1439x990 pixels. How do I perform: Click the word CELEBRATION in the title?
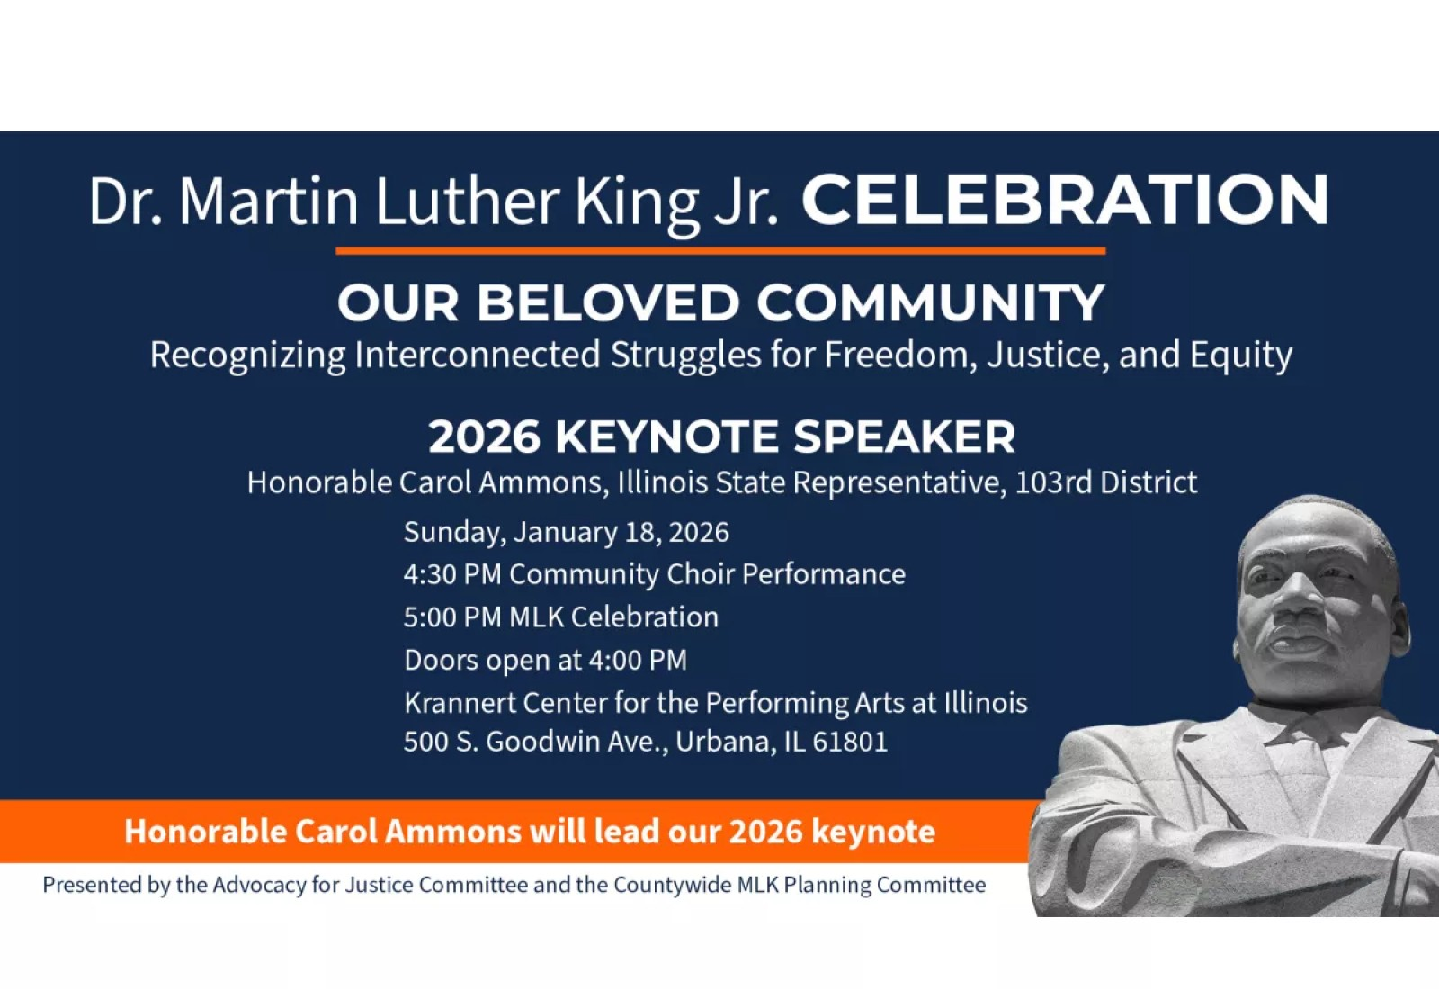1065,200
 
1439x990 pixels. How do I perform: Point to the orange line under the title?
719,251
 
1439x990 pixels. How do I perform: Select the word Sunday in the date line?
453,533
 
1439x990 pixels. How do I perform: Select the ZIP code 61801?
850,742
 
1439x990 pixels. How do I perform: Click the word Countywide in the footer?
672,885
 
